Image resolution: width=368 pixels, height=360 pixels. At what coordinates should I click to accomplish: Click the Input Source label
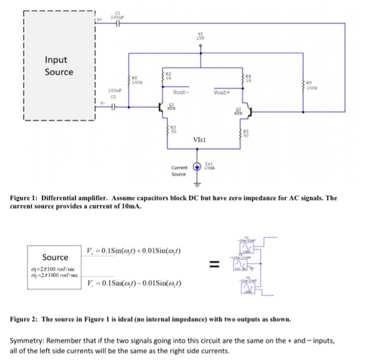[59, 66]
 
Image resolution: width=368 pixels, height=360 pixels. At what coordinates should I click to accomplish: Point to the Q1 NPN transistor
[162, 108]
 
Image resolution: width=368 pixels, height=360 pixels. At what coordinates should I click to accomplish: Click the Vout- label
[180, 93]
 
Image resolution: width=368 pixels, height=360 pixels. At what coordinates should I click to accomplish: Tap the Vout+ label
[221, 93]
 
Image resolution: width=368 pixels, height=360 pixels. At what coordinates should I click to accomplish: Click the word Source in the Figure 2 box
[55, 257]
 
